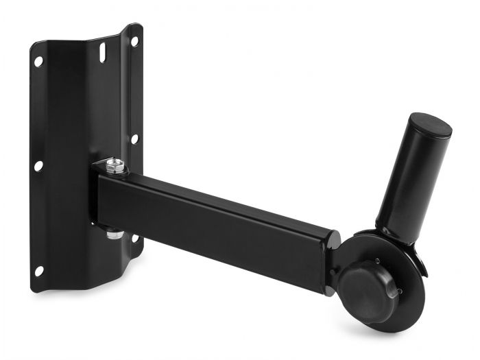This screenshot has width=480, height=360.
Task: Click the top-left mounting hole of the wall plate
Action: pos(38,61)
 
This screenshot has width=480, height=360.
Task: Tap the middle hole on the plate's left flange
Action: pos(38,165)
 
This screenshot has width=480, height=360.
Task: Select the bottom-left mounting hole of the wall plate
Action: pos(38,270)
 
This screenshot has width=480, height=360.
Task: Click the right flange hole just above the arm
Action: pos(134,139)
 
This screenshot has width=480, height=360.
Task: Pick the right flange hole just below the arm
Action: pos(135,238)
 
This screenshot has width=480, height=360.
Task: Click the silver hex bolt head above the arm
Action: pos(117,165)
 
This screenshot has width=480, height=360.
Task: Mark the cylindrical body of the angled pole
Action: pos(409,178)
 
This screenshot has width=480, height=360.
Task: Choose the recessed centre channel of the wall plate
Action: pos(75,123)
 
